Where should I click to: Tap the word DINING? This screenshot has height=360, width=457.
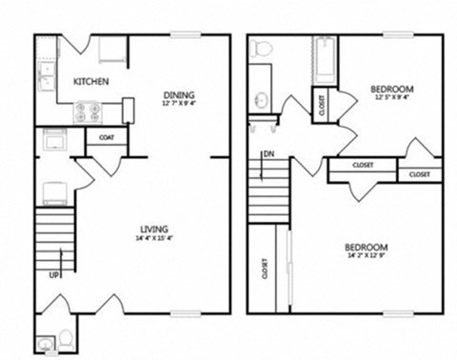pos(179,95)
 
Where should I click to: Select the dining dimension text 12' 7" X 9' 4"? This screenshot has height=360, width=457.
pos(179,105)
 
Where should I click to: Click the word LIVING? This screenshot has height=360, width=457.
pos(154,230)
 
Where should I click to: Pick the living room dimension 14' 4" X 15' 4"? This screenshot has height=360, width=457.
pos(154,239)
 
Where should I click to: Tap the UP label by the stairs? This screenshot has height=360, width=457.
pos(53,277)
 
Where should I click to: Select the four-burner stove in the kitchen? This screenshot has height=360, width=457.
pos(88,113)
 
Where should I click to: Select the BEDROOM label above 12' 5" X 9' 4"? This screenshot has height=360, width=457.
pos(391,90)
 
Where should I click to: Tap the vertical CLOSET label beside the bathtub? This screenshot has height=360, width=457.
pos(321,104)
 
